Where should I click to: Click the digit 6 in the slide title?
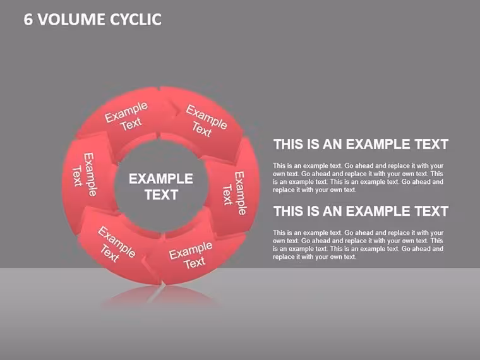tap(28, 20)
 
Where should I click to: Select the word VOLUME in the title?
tap(71, 20)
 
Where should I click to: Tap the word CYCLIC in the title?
tap(136, 20)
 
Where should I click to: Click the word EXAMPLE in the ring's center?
tap(160, 179)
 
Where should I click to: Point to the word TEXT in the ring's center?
tap(161, 195)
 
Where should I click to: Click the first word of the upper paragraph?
tap(280, 165)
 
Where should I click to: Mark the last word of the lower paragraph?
tap(349, 257)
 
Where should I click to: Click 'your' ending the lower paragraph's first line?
tap(437, 233)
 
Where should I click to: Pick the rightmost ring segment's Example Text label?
tap(234, 193)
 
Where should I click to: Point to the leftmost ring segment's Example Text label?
tap(85, 175)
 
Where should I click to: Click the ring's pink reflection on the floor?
tap(160, 295)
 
